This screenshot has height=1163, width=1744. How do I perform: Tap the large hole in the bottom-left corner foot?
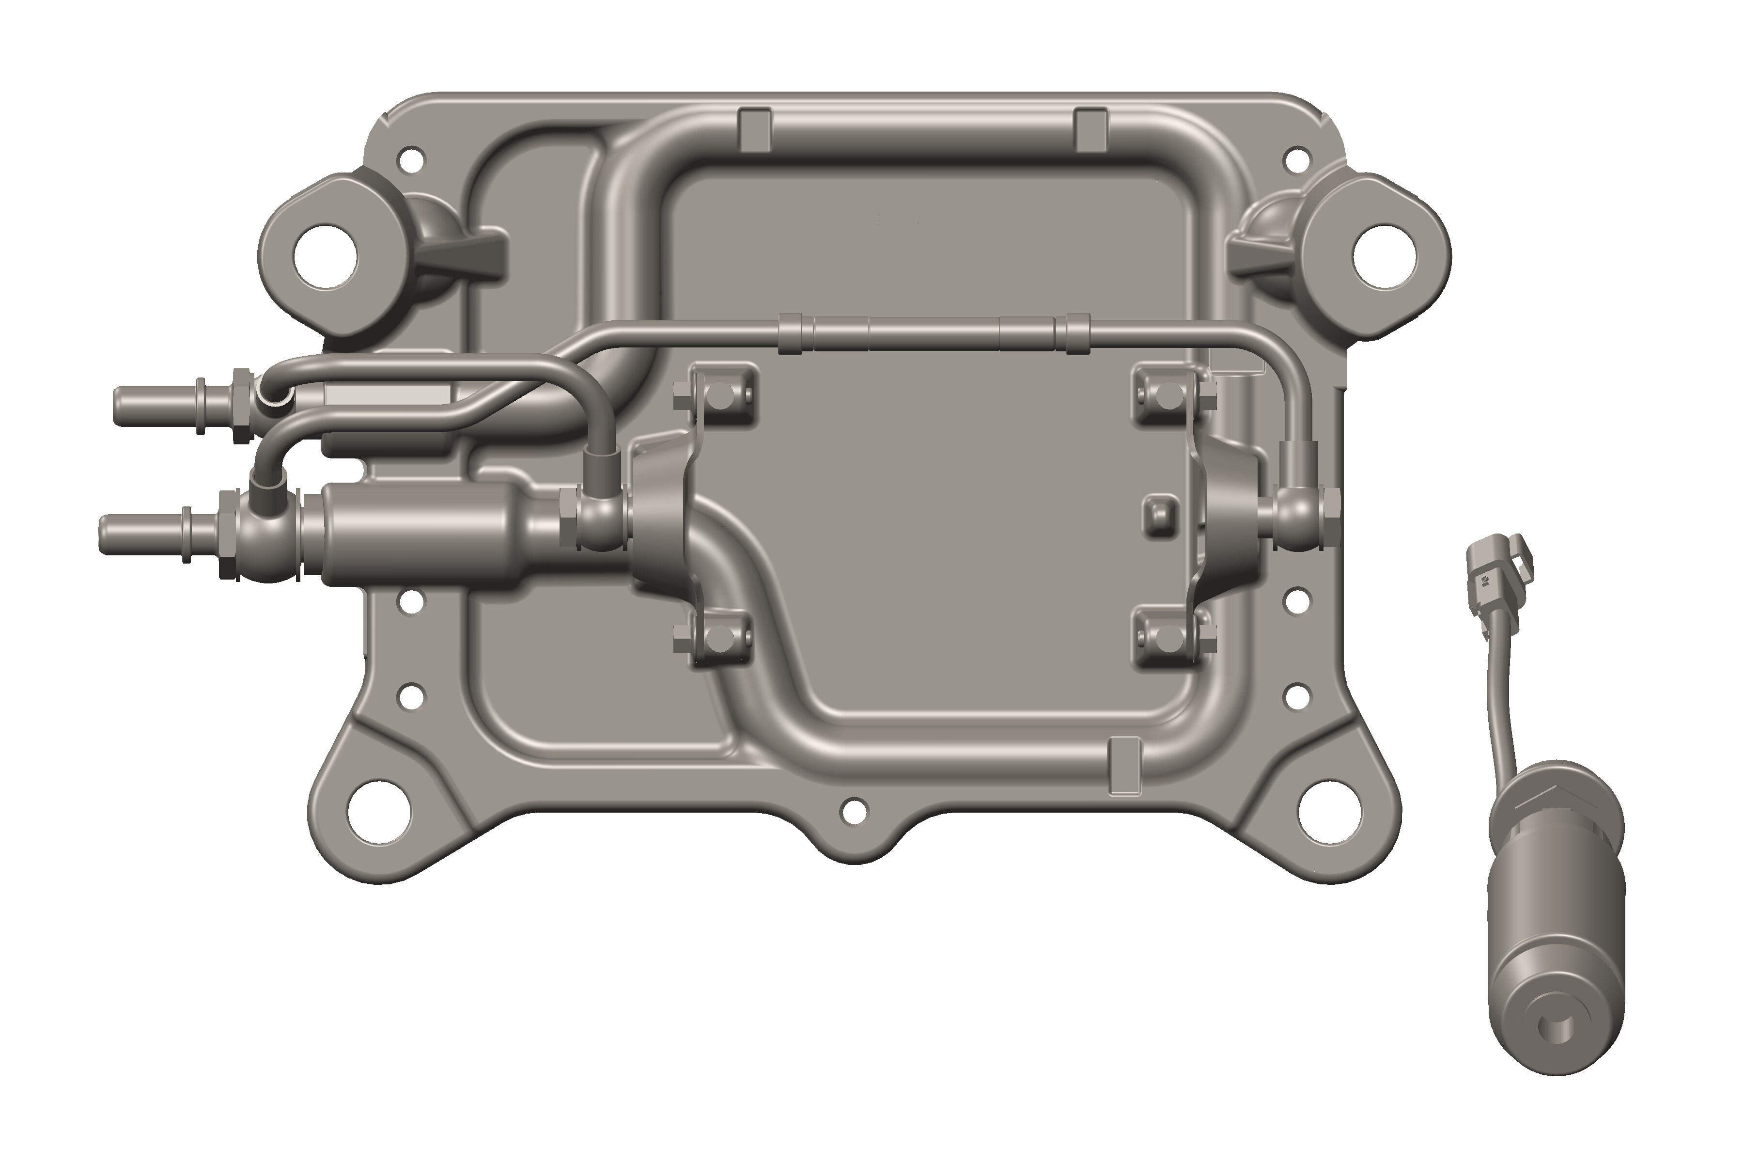click(379, 811)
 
